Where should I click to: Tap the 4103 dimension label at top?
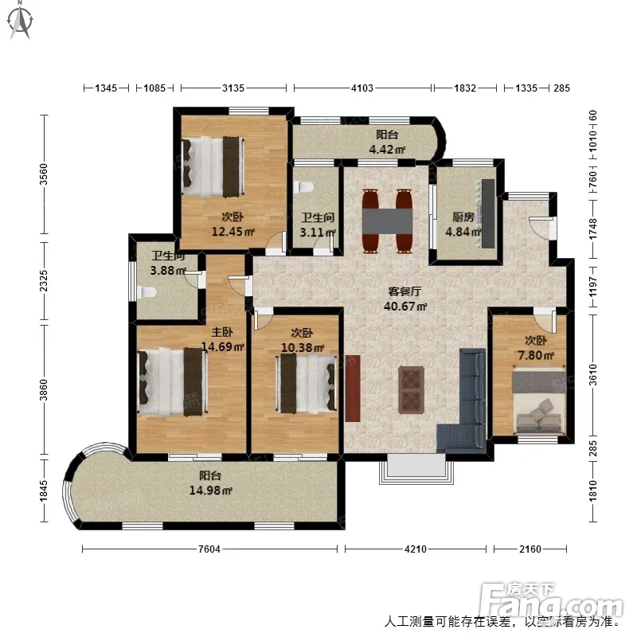362,88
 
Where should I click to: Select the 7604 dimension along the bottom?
209,549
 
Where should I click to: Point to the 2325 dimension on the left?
44,281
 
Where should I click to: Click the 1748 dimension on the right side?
593,229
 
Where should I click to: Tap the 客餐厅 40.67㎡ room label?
405,299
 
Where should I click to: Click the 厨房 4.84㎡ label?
463,225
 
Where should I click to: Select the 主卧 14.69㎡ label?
223,339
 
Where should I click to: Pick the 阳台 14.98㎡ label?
210,483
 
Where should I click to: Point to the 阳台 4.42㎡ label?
387,143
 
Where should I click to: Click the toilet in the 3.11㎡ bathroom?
303,187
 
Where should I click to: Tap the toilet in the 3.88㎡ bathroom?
147,292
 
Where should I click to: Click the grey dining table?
387,221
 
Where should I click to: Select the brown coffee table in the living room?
412,390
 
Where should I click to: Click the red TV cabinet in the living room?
353,389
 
